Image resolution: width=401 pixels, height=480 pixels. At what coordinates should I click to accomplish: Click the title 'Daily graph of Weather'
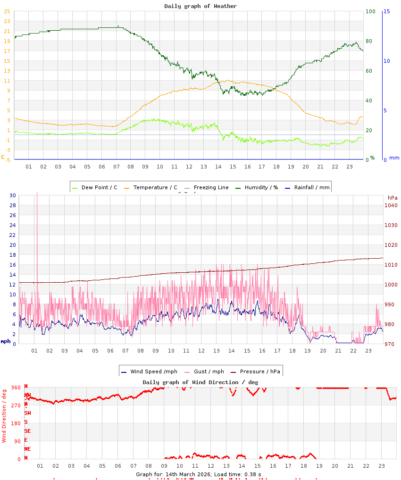tap(200, 6)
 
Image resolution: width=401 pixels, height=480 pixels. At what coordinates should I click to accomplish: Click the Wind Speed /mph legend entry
tap(149, 371)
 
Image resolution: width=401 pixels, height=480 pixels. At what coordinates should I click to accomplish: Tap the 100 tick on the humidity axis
tap(369, 11)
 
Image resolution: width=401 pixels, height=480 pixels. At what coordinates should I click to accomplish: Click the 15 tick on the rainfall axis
tap(386, 11)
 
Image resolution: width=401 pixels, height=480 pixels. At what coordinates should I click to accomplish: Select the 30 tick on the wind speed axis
tap(13, 195)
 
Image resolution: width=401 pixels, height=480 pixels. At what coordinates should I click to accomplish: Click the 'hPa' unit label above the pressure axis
tap(392, 197)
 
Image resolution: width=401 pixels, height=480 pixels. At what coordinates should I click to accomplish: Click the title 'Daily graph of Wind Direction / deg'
tap(200, 382)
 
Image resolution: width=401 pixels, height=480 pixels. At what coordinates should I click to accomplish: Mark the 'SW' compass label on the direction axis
tap(27, 413)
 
